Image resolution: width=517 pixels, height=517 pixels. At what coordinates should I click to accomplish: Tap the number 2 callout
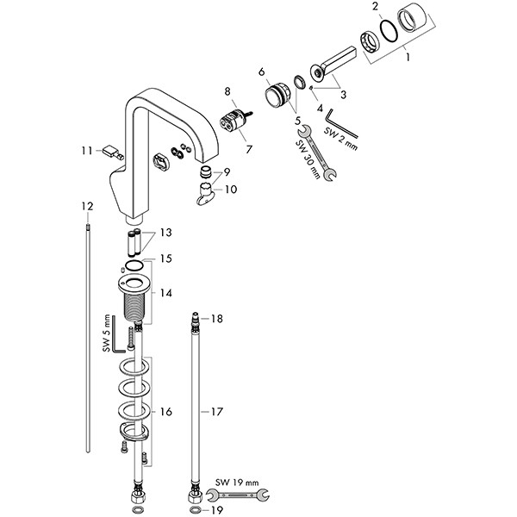pyautogui.click(x=375, y=7)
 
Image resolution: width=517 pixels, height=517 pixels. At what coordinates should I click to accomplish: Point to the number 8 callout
pyautogui.click(x=228, y=90)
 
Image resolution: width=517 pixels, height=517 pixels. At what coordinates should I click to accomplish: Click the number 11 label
pyautogui.click(x=86, y=151)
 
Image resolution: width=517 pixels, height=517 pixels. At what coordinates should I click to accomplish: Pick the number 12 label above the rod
pyautogui.click(x=86, y=206)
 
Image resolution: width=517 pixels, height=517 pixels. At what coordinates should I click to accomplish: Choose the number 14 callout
pyautogui.click(x=166, y=293)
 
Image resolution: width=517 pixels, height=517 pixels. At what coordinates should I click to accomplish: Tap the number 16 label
pyautogui.click(x=166, y=412)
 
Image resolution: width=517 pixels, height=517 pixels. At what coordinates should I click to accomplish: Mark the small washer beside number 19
pyautogui.click(x=195, y=509)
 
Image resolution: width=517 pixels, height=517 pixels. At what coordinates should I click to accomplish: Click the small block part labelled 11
pyautogui.click(x=110, y=152)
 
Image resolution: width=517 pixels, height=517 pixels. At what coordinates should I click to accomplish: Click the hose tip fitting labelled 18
pyautogui.click(x=196, y=321)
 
